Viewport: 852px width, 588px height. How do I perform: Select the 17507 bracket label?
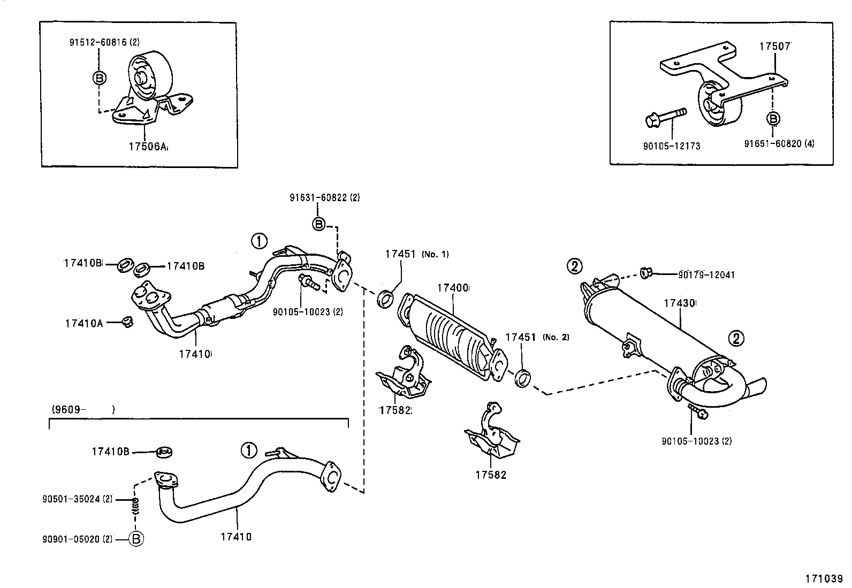(x=774, y=47)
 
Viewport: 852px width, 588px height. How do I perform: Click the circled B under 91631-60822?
(x=319, y=224)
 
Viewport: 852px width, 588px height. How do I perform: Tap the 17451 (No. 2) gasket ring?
(x=522, y=377)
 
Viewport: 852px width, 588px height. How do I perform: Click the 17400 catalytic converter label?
(x=452, y=288)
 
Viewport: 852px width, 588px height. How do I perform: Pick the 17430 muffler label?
(x=679, y=303)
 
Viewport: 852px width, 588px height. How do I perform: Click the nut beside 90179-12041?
(x=645, y=273)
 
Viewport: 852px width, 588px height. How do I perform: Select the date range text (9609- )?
(x=83, y=410)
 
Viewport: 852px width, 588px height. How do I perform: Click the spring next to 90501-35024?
(x=135, y=506)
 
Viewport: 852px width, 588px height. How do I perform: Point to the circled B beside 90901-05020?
(x=136, y=539)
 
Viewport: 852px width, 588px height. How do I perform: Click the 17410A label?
(x=83, y=323)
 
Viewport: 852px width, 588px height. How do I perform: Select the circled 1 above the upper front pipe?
(x=259, y=241)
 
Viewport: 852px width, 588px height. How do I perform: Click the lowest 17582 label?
(x=490, y=475)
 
